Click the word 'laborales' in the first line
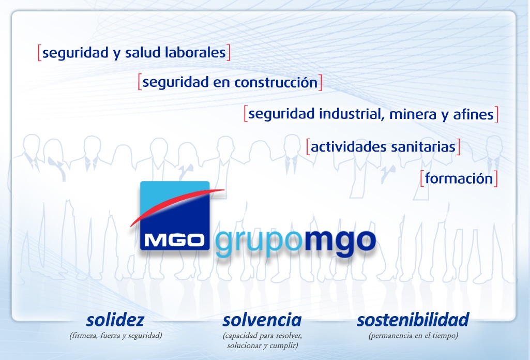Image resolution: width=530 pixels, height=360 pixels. (x=195, y=53)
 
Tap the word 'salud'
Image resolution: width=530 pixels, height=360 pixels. (x=143, y=53)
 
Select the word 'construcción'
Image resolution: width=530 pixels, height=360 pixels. (x=276, y=82)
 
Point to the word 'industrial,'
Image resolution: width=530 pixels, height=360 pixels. (x=352, y=114)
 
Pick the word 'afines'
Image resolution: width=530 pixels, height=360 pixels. (x=473, y=114)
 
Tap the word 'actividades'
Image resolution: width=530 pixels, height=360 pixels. (x=349, y=147)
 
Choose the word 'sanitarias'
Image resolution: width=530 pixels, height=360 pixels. (x=423, y=147)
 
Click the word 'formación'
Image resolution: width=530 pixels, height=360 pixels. (x=459, y=178)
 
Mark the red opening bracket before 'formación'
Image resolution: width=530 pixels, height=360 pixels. (x=422, y=178)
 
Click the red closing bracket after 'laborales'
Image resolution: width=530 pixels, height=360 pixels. (x=229, y=53)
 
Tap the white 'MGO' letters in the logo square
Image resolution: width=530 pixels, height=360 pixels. (x=174, y=241)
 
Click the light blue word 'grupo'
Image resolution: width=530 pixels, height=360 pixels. (x=258, y=243)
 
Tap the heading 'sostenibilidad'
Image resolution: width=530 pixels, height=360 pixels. (x=413, y=320)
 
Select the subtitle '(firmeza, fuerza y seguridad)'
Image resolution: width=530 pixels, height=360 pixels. (x=116, y=336)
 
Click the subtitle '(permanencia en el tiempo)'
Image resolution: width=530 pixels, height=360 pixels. (x=413, y=336)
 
